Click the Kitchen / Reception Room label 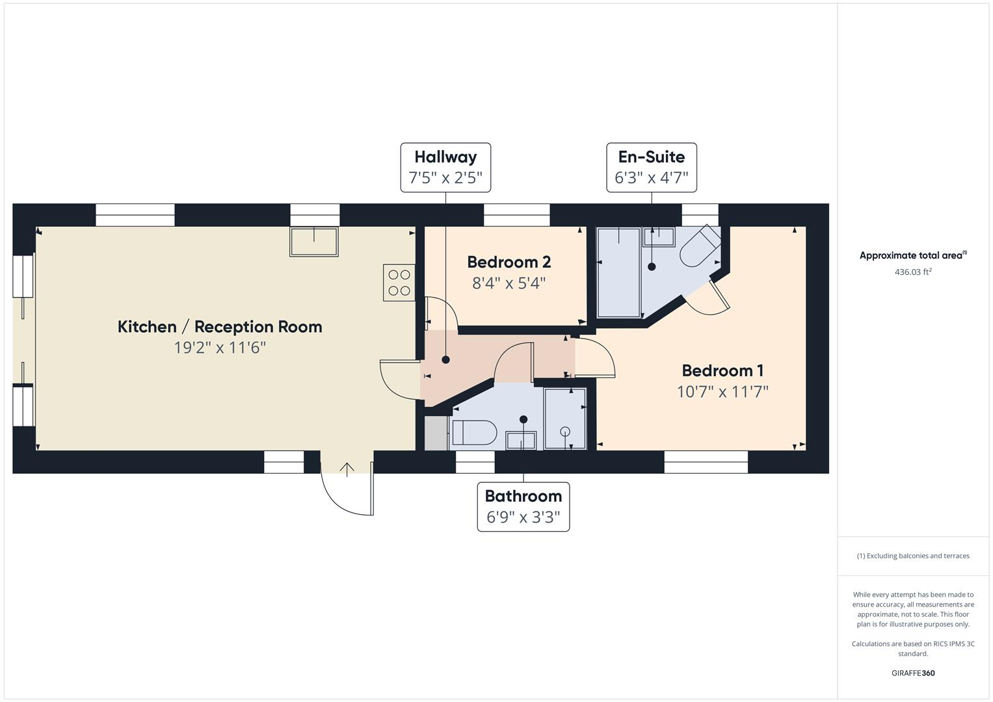[x=220, y=326]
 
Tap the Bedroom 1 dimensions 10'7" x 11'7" [x=722, y=391]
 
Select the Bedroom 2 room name [x=509, y=262]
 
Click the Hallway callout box [x=445, y=167]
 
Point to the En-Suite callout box [x=651, y=167]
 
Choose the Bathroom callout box [x=523, y=506]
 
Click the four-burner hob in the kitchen [x=399, y=283]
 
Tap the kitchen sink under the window [x=314, y=242]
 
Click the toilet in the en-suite [x=699, y=248]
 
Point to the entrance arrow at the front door [x=347, y=469]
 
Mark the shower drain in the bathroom [x=564, y=430]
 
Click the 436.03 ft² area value [x=912, y=272]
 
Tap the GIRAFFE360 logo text [x=912, y=673]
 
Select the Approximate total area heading [x=912, y=255]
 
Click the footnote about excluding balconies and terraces [x=912, y=556]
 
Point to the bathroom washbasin [x=521, y=440]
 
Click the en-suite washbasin [x=659, y=237]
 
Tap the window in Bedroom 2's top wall [x=516, y=214]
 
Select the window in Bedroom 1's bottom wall [x=706, y=462]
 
